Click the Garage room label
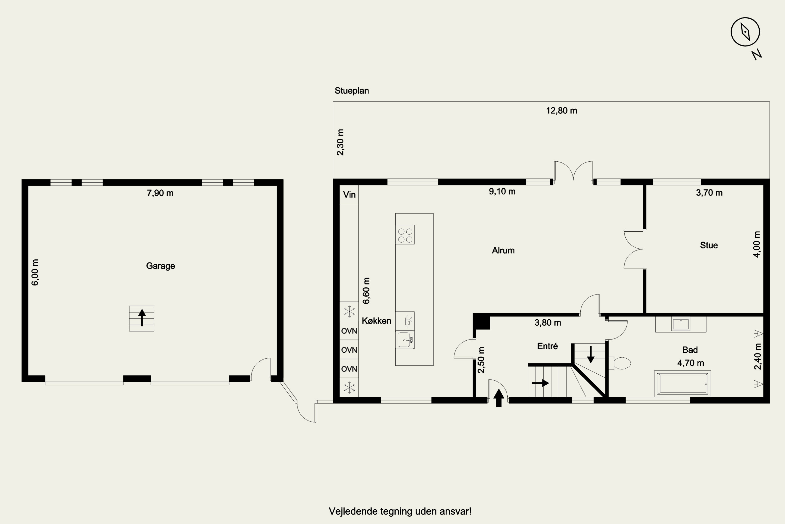pyautogui.click(x=161, y=266)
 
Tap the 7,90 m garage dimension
pyautogui.click(x=160, y=193)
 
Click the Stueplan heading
pyautogui.click(x=352, y=91)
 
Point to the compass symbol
pyautogui.click(x=745, y=32)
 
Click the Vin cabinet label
pyautogui.click(x=349, y=194)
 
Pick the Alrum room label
pyautogui.click(x=503, y=250)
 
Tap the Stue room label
pyautogui.click(x=709, y=245)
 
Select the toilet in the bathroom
pyautogui.click(x=620, y=363)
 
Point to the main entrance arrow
pyautogui.click(x=499, y=398)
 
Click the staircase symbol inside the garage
pyautogui.click(x=142, y=319)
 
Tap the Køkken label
pyautogui.click(x=377, y=321)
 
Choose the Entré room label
pyautogui.click(x=547, y=346)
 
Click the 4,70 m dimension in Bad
pyautogui.click(x=691, y=363)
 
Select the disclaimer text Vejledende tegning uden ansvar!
pyautogui.click(x=400, y=511)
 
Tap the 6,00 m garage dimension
pyautogui.click(x=35, y=272)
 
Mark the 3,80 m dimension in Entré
pyautogui.click(x=548, y=323)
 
